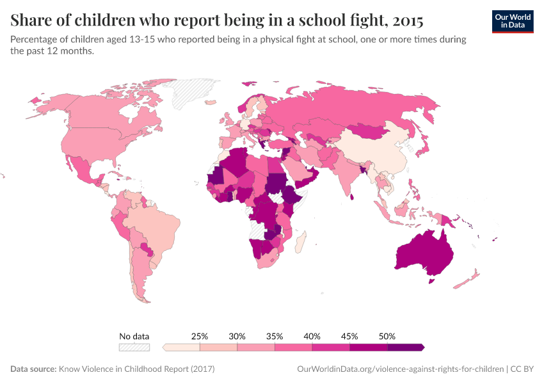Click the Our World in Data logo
click(x=512, y=21)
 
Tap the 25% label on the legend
click(x=200, y=336)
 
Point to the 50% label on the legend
click(x=387, y=336)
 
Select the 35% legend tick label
click(x=275, y=336)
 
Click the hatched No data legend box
click(x=134, y=347)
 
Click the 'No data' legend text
click(x=134, y=336)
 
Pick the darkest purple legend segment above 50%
click(x=405, y=347)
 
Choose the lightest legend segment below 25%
click(x=182, y=347)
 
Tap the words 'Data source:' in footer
click(x=33, y=369)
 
